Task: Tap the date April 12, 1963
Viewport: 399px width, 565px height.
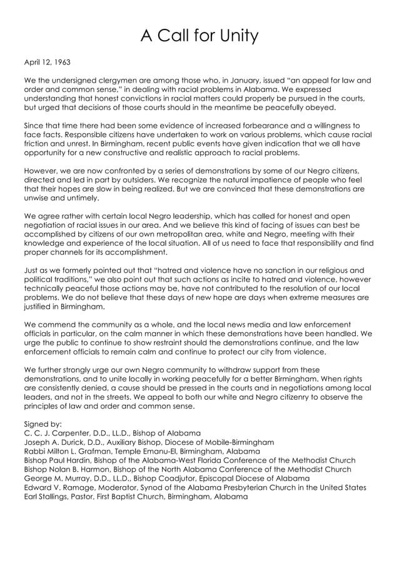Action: tap(47, 63)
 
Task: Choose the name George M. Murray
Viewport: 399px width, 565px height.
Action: tap(58, 478)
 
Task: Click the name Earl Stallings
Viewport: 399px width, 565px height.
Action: tap(48, 496)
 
